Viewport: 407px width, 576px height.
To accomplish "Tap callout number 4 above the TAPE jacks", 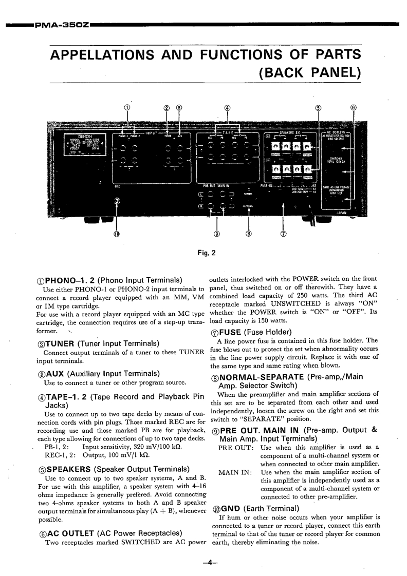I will tap(228, 108).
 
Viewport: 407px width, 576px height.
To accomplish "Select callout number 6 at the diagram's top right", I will tap(353, 108).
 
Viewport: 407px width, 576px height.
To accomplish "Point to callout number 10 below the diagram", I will tap(117, 235).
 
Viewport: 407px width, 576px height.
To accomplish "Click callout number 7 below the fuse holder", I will tap(283, 235).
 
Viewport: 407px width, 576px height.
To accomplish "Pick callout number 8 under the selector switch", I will tap(249, 235).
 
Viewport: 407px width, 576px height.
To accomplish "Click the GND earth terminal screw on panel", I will tap(117, 201).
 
